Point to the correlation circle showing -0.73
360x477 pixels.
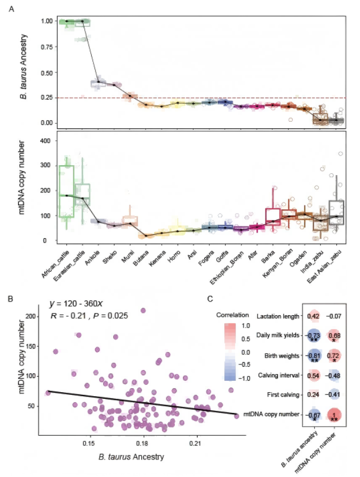pyautogui.click(x=314, y=336)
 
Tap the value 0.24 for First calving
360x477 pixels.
pyautogui.click(x=314, y=395)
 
